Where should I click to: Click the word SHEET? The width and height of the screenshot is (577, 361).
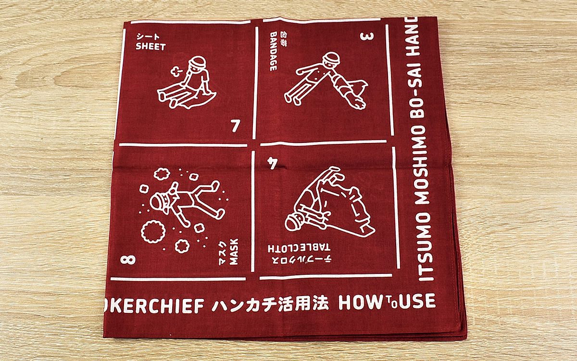click(x=151, y=47)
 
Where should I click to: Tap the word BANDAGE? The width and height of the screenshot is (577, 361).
click(x=273, y=52)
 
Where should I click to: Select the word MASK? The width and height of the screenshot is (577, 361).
click(x=234, y=252)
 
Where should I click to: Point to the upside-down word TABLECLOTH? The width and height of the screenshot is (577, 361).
click(x=299, y=248)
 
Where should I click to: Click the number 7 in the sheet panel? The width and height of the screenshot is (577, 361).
click(x=235, y=126)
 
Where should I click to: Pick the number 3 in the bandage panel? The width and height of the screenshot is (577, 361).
click(x=367, y=37)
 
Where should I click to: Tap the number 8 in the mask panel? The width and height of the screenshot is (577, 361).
click(x=128, y=259)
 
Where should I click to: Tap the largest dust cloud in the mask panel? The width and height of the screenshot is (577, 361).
click(x=153, y=232)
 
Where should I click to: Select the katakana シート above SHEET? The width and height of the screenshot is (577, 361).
click(x=148, y=37)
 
